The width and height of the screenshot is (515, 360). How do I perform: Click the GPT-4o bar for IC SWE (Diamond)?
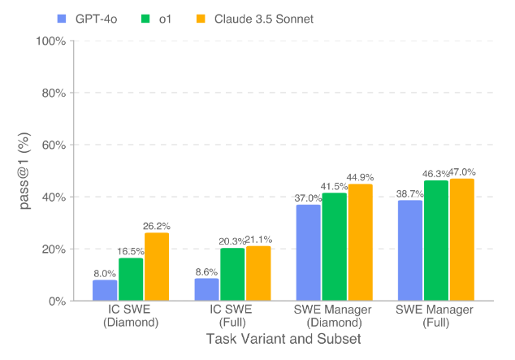105,290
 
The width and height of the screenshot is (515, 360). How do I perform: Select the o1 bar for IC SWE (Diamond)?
131,279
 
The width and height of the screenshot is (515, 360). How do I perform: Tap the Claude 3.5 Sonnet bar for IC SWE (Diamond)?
157,267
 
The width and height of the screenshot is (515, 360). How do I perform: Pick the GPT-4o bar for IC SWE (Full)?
206,289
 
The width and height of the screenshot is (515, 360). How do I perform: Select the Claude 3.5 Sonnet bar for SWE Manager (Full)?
461,239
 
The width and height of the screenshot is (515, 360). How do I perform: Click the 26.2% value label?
157,226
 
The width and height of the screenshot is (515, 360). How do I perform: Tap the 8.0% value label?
105,274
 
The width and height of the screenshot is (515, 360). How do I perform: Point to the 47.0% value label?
461,172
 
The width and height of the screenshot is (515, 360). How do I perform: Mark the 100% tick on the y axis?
50,41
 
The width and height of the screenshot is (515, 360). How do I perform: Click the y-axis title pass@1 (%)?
24,171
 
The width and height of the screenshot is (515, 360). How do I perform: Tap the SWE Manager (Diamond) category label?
334,315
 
